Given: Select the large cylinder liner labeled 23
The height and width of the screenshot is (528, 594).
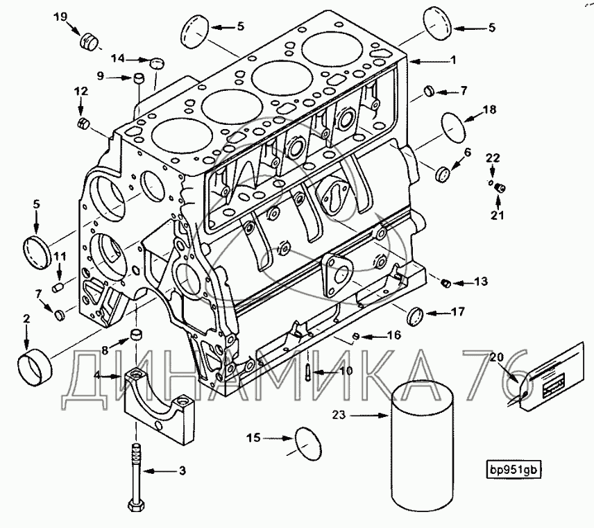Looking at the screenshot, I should point(418,451).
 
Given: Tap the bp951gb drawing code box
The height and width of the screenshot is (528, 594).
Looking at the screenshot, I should point(514,469).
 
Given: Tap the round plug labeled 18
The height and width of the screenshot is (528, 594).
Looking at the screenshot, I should point(455,129).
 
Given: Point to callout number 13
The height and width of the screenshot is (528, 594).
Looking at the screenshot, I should point(481,282).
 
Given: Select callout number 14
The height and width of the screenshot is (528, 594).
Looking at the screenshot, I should point(120,59).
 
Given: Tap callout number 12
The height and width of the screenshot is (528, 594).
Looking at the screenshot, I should point(80,91).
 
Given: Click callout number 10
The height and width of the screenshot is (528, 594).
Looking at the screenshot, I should point(345,371).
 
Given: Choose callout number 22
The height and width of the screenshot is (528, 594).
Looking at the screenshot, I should point(493,159).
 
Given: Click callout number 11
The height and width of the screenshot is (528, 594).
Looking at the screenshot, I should point(60,258).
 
